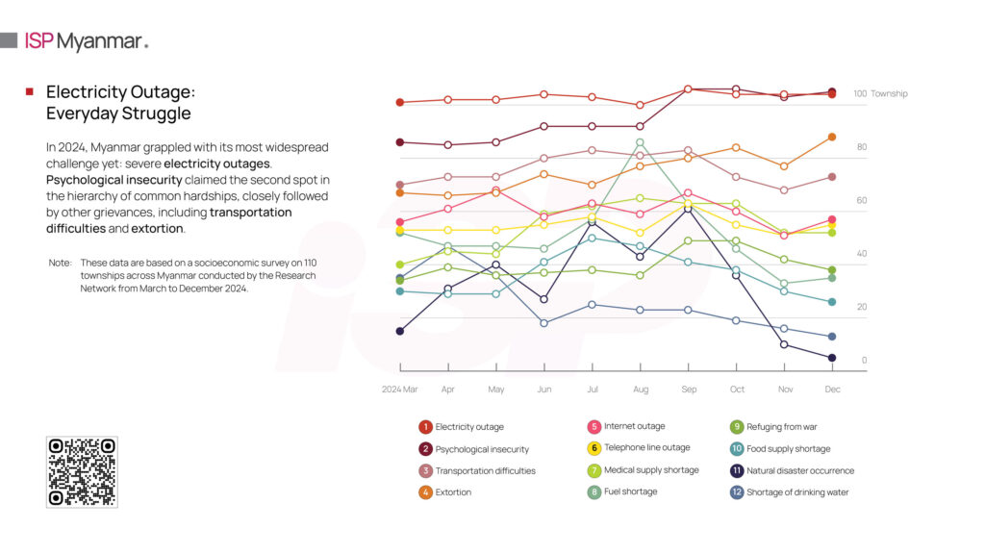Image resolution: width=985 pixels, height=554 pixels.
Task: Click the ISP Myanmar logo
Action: point(87,41)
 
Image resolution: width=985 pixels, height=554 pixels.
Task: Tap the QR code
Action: point(82,471)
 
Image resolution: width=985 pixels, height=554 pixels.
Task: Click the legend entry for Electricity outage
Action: point(461,427)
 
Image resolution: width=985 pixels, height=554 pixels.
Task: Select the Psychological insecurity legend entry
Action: point(473,449)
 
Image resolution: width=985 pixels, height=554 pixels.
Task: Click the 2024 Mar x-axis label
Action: point(400,390)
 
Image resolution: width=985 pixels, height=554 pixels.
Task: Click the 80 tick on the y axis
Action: point(862,147)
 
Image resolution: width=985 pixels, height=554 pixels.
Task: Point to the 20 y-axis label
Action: point(863,307)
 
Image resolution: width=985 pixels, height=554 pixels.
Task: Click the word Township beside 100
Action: point(889,94)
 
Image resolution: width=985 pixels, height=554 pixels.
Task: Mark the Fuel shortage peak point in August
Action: point(640,142)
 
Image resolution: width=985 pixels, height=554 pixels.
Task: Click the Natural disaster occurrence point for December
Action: point(832,358)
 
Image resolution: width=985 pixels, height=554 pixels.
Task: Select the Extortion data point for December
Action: point(832,137)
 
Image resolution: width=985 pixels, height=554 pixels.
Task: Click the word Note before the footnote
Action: point(60,263)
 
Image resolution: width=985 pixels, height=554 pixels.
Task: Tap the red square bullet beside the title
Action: point(30,91)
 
